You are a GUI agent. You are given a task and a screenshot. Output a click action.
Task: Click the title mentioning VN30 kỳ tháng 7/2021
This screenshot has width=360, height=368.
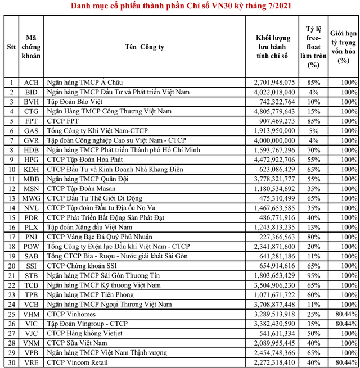tap(181, 6)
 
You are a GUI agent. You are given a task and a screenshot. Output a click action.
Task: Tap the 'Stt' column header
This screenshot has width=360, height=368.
tap(11, 47)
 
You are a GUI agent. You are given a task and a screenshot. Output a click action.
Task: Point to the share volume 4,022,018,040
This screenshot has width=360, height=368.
tap(274, 92)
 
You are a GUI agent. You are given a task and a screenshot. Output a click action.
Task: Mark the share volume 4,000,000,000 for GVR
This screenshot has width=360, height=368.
tap(274, 138)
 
